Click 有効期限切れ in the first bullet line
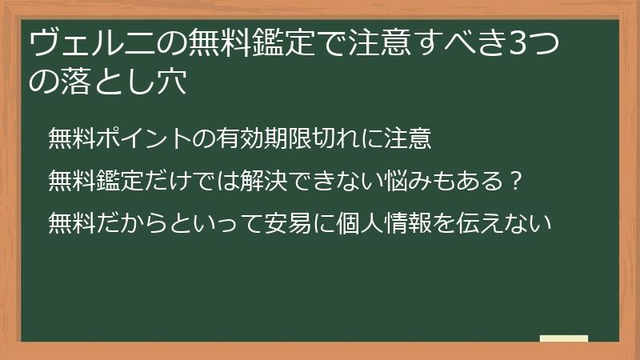[274, 138]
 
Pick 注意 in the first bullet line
[408, 138]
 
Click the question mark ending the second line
[517, 180]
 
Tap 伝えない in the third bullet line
[514, 222]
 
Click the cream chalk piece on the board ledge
[564, 338]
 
